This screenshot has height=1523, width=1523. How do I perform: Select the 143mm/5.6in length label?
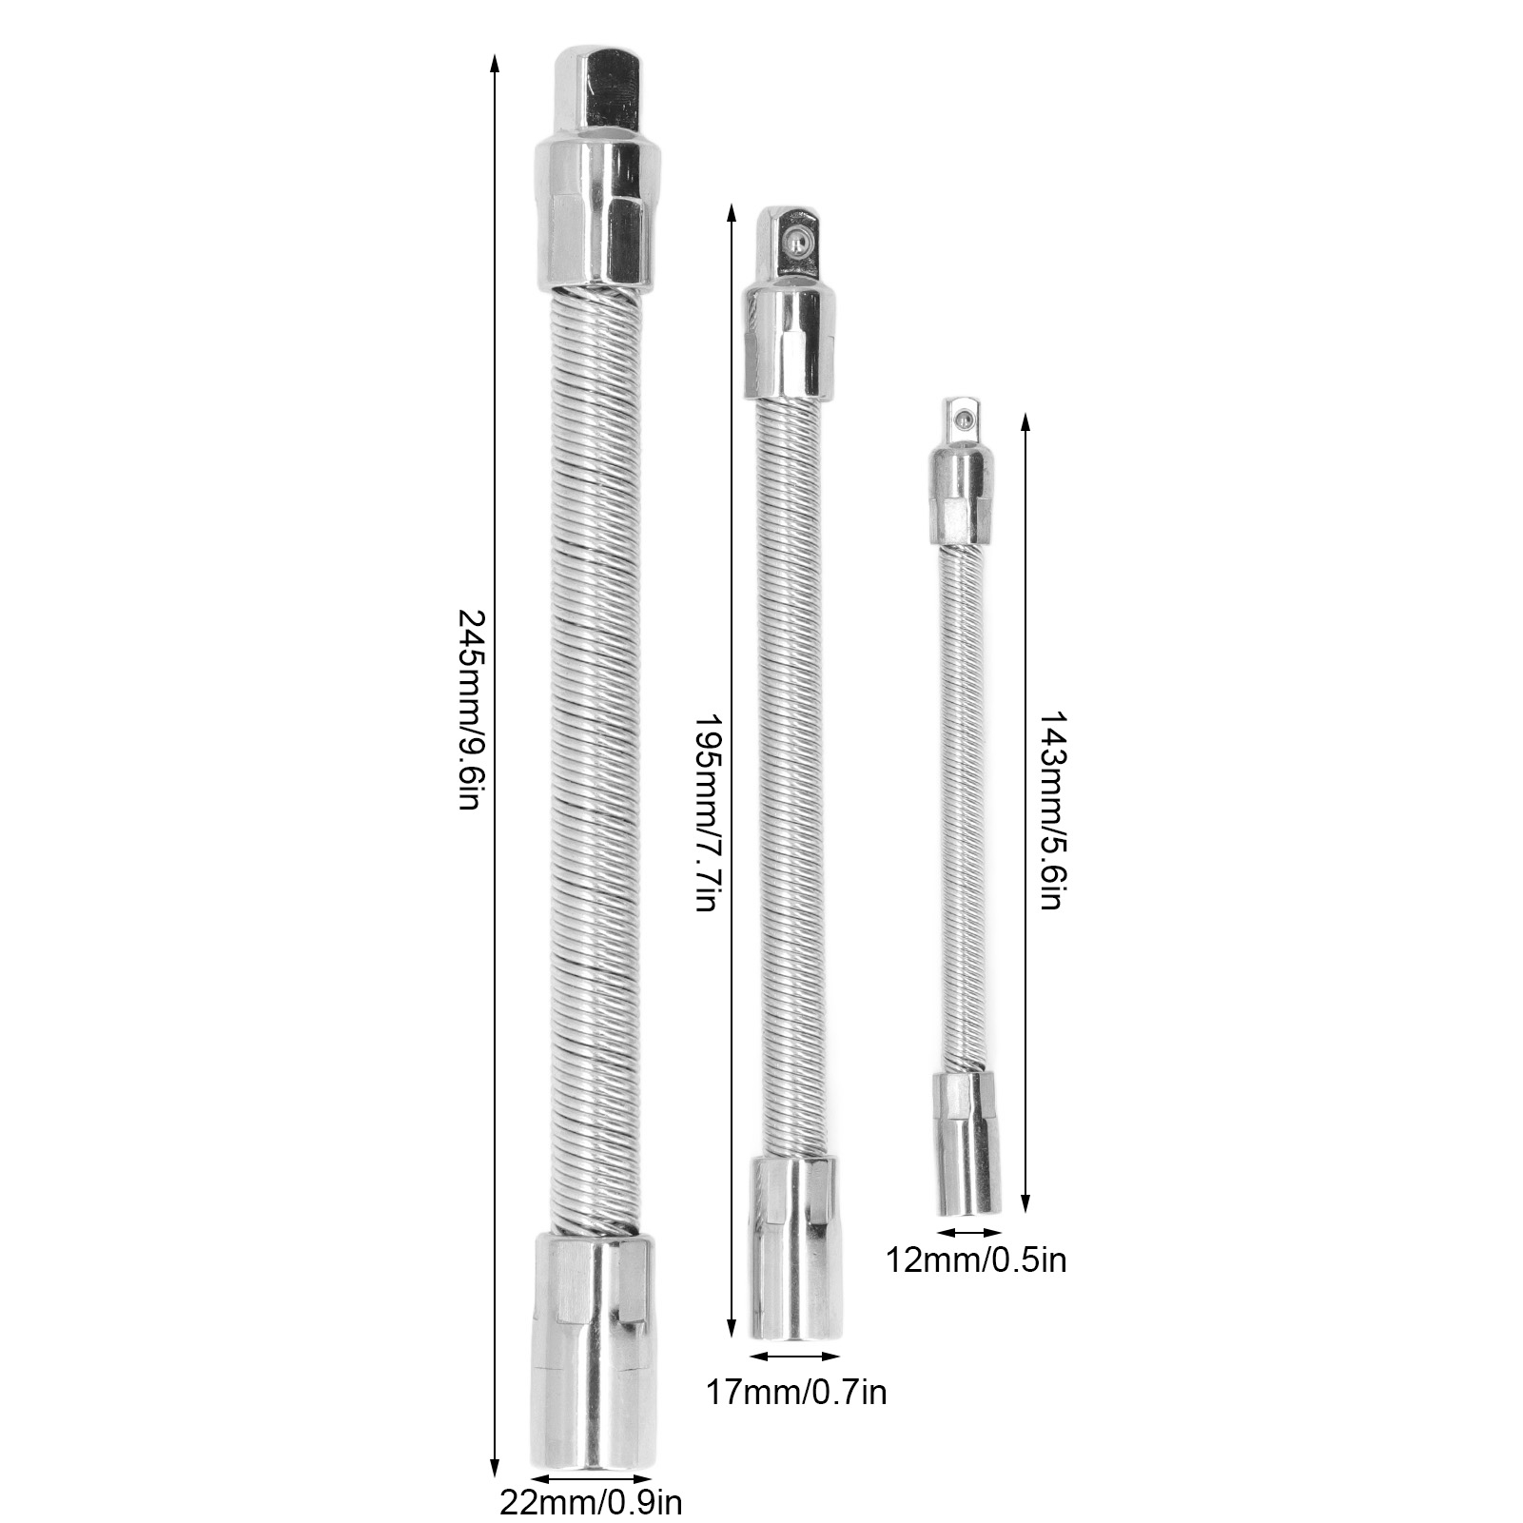pos(1048,808)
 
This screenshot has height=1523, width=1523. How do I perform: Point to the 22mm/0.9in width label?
pos(590,1503)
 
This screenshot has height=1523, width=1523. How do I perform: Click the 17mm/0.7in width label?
pos(797,1393)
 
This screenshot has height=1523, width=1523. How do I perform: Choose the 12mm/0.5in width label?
pos(976,1260)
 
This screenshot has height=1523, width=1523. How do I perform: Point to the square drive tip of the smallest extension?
pos(962,421)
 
